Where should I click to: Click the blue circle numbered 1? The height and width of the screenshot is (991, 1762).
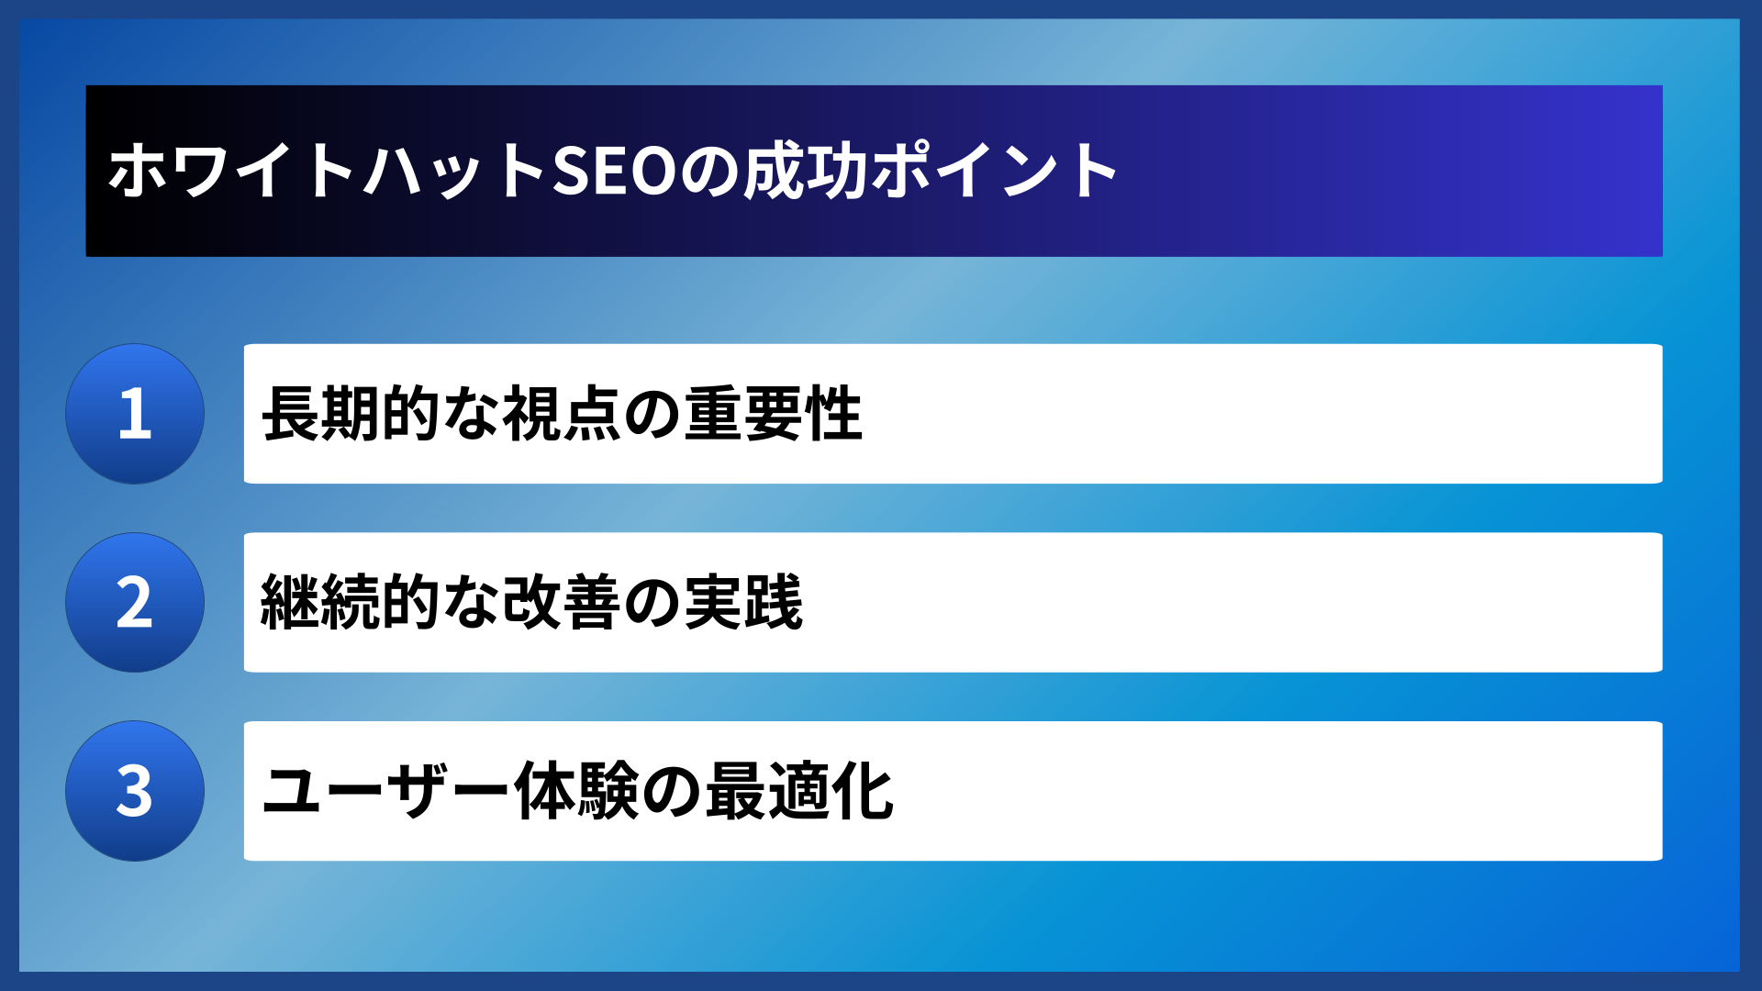click(135, 414)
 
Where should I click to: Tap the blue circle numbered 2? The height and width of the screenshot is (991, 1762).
click(135, 603)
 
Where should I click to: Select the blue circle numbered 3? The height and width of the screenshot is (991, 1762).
click(135, 791)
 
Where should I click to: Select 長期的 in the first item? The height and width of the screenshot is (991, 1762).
click(351, 414)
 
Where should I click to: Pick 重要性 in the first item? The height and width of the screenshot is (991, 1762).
click(773, 414)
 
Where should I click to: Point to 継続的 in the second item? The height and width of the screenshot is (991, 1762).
click(351, 603)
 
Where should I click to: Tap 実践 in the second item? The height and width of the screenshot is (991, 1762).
click(743, 603)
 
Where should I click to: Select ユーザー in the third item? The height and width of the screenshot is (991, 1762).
click(385, 791)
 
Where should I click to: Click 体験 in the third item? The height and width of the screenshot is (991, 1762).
click(576, 791)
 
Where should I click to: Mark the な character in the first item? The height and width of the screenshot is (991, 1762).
click(472, 414)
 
